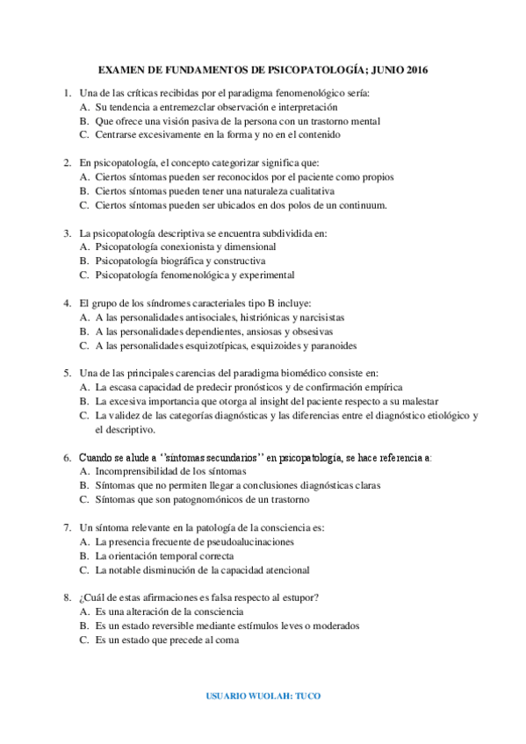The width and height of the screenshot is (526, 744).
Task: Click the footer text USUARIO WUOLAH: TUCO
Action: coord(263,696)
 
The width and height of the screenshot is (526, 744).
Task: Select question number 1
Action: coord(67,93)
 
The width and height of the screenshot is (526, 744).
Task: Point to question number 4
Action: coord(67,303)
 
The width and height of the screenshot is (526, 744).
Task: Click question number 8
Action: coord(67,597)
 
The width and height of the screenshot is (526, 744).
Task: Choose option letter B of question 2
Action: coord(83,190)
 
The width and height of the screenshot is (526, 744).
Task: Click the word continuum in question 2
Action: coord(359,205)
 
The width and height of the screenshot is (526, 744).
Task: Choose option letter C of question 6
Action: coord(83,499)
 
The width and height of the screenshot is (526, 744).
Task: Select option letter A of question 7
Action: coord(83,541)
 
